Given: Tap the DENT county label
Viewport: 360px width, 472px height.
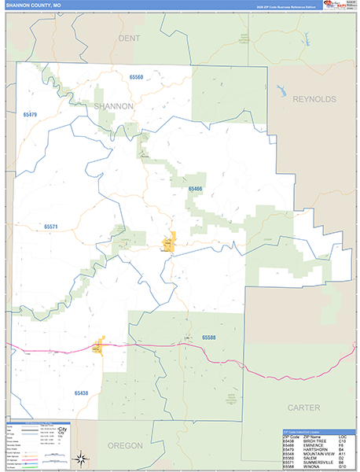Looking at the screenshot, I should [x=129, y=38].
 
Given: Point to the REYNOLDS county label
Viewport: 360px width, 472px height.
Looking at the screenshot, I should [x=314, y=99].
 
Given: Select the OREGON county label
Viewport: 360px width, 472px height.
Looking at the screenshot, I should [x=125, y=445].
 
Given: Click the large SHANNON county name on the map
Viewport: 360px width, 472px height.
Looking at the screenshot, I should [x=114, y=105].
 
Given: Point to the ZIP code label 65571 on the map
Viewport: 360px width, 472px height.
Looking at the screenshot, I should [x=51, y=227].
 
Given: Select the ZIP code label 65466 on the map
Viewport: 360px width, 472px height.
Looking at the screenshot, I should [x=195, y=189].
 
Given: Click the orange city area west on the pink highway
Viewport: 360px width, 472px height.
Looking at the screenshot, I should [x=98, y=345].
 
